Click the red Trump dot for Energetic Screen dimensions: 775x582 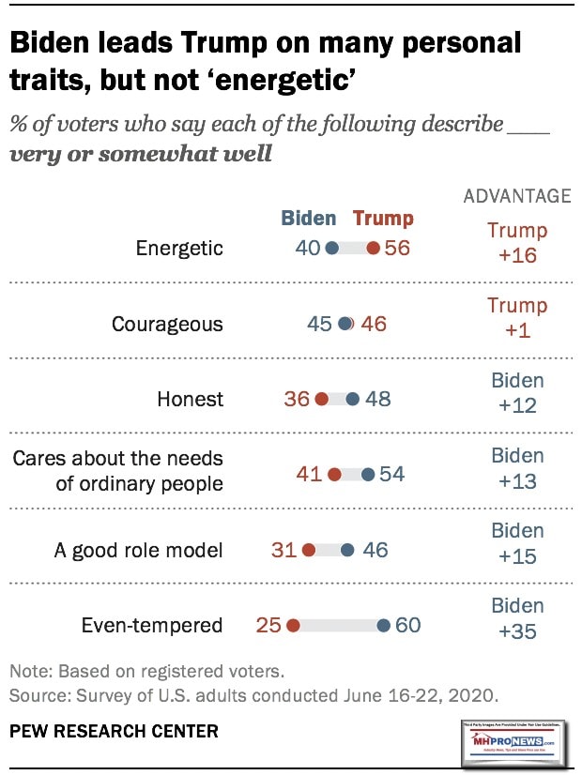pos(373,249)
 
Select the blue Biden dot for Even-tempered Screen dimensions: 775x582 pos(384,625)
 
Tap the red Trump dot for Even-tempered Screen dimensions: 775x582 pos(293,625)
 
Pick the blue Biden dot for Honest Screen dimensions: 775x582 pos(352,399)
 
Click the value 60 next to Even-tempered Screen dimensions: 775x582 pos(407,625)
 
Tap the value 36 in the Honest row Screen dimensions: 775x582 pos(297,399)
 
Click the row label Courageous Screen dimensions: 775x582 pos(167,324)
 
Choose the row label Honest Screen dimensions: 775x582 pos(191,399)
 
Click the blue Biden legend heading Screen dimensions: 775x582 pos(309,219)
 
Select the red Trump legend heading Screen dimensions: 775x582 pos(383,219)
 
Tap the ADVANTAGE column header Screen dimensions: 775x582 pos(517,196)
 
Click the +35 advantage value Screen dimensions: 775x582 pos(517,631)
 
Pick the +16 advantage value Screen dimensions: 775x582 pos(517,255)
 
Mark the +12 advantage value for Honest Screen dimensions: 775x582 pos(517,405)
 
